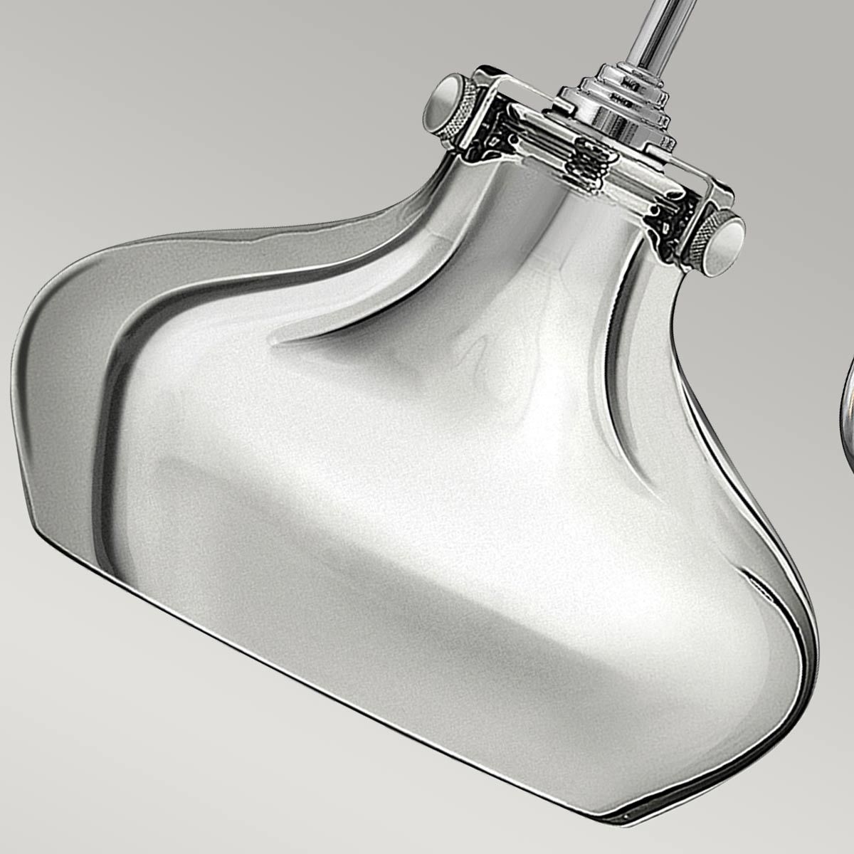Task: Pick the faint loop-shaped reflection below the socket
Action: pos(484,356)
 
